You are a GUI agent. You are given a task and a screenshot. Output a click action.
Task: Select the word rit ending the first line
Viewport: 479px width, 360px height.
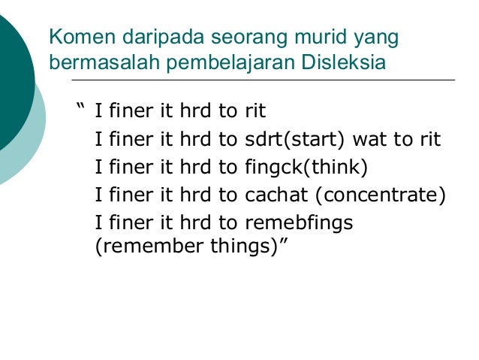(255, 112)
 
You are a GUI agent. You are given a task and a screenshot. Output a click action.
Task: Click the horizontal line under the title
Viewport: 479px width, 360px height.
(263, 80)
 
